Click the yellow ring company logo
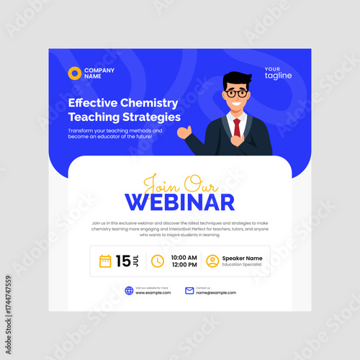pyautogui.click(x=73, y=73)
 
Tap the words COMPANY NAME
pyautogui.click(x=99, y=73)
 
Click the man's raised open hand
pyautogui.click(x=186, y=132)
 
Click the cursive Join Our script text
pyautogui.click(x=181, y=182)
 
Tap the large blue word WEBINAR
pyautogui.click(x=180, y=202)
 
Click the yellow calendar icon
pyautogui.click(x=105, y=261)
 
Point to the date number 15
pyautogui.click(x=124, y=261)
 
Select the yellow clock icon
pyautogui.click(x=157, y=261)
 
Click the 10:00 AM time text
pyautogui.click(x=184, y=257)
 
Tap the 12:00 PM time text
pyautogui.click(x=184, y=265)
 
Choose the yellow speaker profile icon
pyautogui.click(x=212, y=261)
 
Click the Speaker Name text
pyautogui.click(x=243, y=258)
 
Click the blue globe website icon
pyautogui.click(x=129, y=291)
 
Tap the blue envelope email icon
pyautogui.click(x=189, y=291)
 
